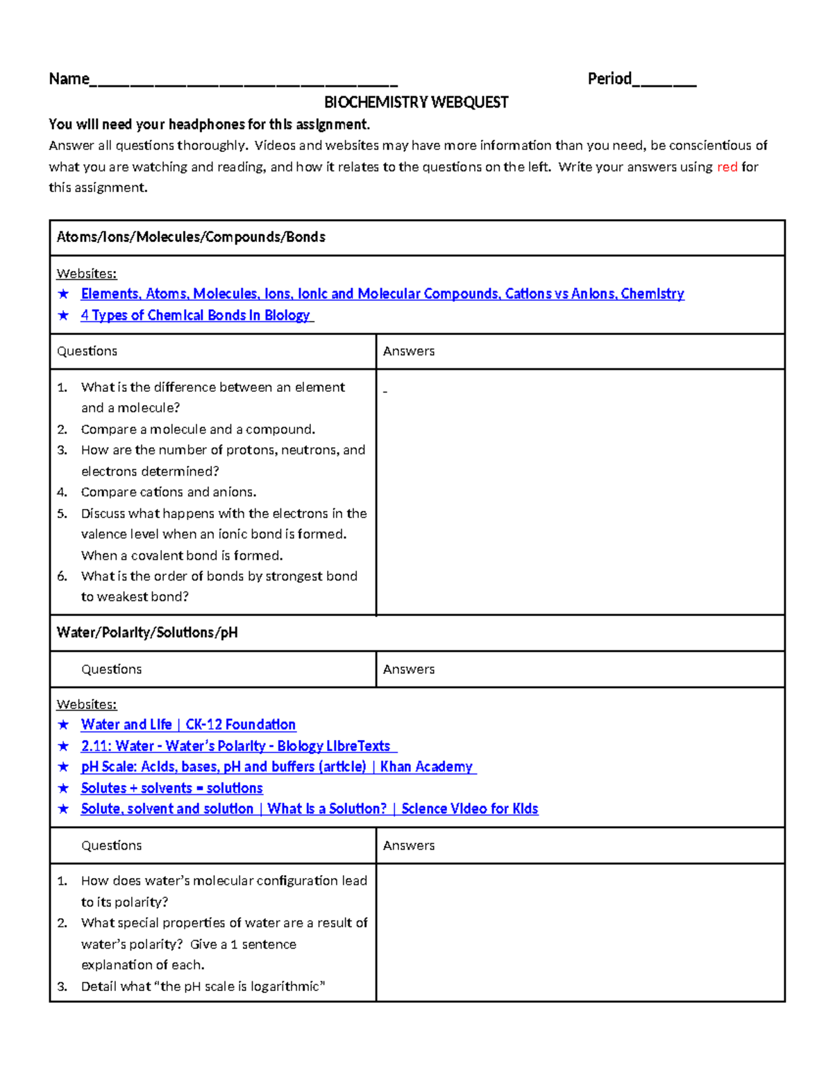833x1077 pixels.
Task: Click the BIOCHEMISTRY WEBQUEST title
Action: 416,103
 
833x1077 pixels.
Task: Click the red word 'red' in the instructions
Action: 727,167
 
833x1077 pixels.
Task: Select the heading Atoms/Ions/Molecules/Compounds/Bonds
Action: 191,237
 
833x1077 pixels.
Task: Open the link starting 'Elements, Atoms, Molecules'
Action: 382,294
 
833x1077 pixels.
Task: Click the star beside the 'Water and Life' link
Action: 64,725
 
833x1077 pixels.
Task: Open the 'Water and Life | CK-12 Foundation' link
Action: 188,725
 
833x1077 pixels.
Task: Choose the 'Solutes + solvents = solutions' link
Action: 171,789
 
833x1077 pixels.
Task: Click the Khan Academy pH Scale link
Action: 278,767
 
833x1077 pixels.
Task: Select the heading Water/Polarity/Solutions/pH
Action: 147,633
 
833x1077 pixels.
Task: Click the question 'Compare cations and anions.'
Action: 169,492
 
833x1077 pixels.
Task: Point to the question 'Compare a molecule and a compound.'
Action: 198,429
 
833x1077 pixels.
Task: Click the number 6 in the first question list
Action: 62,576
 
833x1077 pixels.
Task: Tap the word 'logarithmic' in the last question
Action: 287,987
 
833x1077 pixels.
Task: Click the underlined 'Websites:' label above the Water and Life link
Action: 87,705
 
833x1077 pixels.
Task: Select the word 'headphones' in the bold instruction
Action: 207,125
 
